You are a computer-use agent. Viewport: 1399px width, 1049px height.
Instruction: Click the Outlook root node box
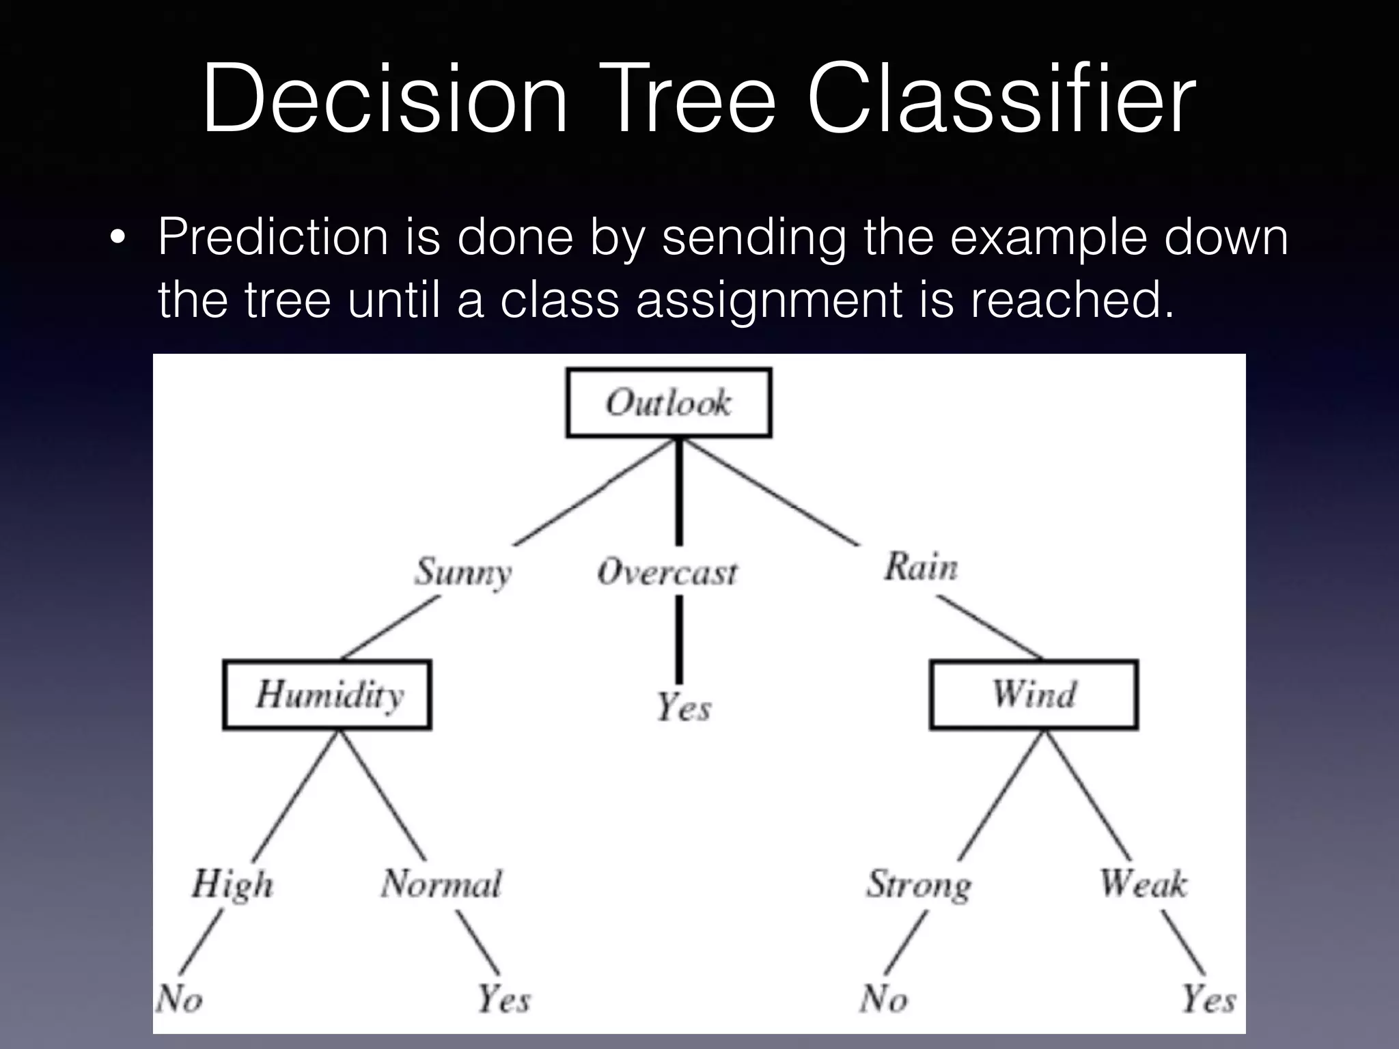[x=669, y=402]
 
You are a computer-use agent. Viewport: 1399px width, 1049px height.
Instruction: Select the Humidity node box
[x=327, y=695]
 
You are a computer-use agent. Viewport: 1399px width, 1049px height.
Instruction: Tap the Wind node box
[x=1034, y=695]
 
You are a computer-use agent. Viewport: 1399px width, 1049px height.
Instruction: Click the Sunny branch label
[x=462, y=572]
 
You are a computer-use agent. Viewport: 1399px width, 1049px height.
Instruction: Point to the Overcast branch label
[x=667, y=572]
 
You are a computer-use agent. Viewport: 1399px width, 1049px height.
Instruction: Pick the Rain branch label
[x=920, y=568]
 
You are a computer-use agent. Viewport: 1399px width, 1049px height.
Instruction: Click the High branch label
[x=232, y=884]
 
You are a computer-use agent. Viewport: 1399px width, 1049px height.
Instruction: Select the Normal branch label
[x=441, y=884]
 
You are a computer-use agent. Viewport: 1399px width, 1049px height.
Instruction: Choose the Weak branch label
[x=1143, y=883]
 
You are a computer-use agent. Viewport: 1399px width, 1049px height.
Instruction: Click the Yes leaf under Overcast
[x=683, y=707]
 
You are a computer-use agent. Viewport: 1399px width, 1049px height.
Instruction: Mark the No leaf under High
[x=179, y=1000]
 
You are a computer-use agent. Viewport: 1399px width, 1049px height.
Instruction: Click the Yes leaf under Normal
[x=503, y=999]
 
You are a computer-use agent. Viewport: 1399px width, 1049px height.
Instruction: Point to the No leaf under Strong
[x=883, y=999]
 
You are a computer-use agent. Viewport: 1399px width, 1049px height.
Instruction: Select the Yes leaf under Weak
[x=1208, y=999]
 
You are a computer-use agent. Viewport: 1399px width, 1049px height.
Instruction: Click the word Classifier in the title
[x=1001, y=99]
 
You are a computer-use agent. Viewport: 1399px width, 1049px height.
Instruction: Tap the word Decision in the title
[x=385, y=99]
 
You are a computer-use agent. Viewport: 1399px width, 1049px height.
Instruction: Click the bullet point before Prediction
[x=117, y=238]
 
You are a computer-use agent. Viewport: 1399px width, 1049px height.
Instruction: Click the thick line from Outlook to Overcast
[x=679, y=492]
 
